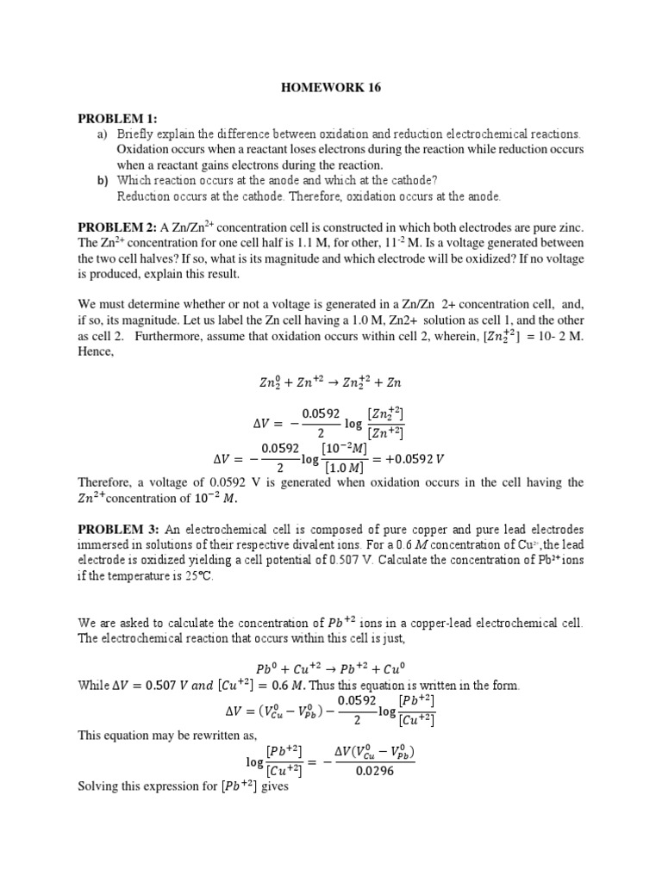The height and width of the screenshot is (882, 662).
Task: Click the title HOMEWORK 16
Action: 332,87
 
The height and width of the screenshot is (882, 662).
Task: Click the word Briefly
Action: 135,134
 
